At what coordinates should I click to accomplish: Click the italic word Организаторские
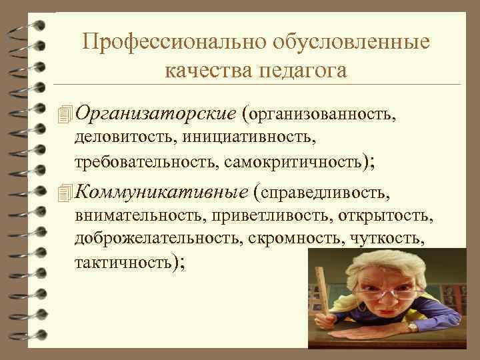[156, 114]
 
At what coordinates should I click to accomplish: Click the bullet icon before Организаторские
[64, 115]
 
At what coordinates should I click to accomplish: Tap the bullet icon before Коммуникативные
[64, 193]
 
